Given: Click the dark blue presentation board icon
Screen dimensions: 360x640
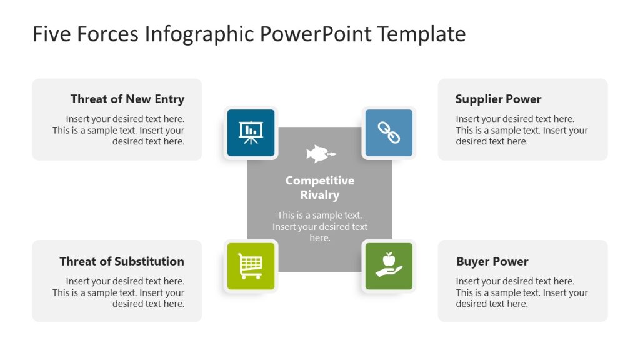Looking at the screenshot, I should coord(251,132).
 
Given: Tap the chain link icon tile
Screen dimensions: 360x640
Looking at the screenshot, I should coord(389,132).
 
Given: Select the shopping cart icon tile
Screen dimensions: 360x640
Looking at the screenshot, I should coord(251,266).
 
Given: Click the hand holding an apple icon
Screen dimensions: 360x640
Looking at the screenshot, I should coord(389,266).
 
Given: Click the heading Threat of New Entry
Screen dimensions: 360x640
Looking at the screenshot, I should coord(127,99).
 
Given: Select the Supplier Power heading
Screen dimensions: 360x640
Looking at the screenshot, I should coord(498,99).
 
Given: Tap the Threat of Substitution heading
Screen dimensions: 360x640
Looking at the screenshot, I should coord(122,261).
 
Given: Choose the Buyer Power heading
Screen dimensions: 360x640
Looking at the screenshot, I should coord(492,261).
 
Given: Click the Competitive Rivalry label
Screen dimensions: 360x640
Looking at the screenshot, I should coord(320,187).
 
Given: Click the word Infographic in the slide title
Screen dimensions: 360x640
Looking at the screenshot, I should coord(200,34).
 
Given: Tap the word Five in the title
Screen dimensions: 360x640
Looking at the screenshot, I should coord(52,34).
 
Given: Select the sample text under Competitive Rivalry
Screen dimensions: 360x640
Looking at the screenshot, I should coord(320,226).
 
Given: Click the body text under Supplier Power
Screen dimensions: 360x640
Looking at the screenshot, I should coord(521,130).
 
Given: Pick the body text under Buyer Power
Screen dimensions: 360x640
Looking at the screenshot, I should coord(521,292).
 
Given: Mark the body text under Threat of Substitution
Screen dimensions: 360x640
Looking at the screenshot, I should coord(119,292).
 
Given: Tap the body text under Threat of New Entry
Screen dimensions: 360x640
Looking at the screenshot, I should coord(119,130).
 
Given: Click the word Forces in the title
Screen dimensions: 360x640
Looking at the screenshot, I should coord(108,34).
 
